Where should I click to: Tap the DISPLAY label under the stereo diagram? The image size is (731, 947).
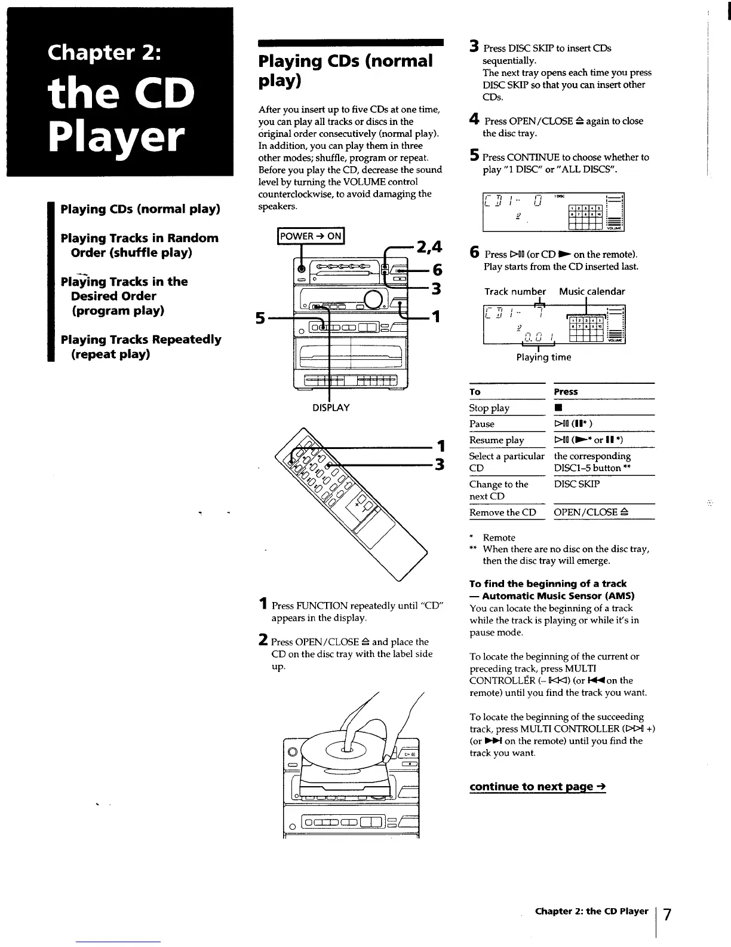pyautogui.click(x=330, y=408)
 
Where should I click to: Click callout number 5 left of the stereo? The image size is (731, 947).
pyautogui.click(x=260, y=318)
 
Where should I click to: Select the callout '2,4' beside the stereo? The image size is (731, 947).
pyautogui.click(x=429, y=246)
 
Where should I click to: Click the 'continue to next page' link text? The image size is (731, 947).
pyautogui.click(x=537, y=787)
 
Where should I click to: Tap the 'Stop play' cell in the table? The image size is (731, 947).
pyautogui.click(x=489, y=408)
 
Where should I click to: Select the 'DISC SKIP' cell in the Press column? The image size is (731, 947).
pyautogui.click(x=577, y=484)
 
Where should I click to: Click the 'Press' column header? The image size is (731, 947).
pyautogui.click(x=566, y=392)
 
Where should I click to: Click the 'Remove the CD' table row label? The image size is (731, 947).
pyautogui.click(x=503, y=512)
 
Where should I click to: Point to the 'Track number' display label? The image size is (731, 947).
pyautogui.click(x=515, y=292)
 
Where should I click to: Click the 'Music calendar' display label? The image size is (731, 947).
pyautogui.click(x=592, y=292)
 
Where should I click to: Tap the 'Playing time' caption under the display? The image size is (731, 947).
pyautogui.click(x=543, y=358)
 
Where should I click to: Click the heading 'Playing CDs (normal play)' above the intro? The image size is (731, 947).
pyautogui.click(x=345, y=70)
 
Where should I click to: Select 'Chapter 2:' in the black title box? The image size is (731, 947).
pyautogui.click(x=105, y=53)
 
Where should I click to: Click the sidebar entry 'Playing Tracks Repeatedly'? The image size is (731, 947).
pyautogui.click(x=141, y=340)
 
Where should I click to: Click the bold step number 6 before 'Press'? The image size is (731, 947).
pyautogui.click(x=474, y=252)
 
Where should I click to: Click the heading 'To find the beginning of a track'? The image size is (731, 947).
pyautogui.click(x=548, y=584)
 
